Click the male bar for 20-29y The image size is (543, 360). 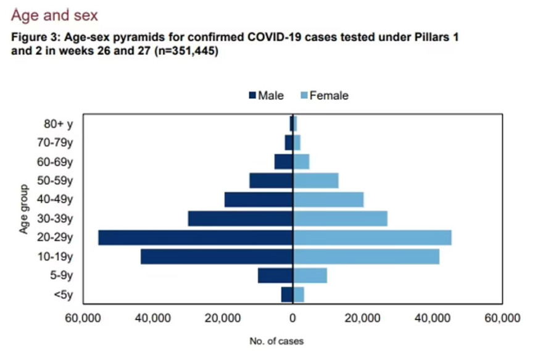point(195,238)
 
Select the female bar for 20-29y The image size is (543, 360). point(372,238)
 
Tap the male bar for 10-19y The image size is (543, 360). point(216,257)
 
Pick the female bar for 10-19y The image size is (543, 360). point(366,257)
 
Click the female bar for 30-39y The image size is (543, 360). point(340,219)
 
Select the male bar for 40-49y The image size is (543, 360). point(258,199)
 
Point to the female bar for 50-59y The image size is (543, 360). point(315,180)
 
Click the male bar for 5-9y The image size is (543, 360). point(275,275)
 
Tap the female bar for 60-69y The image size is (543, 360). point(301,162)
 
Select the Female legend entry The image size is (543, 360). point(324,96)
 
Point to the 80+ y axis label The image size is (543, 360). point(59,124)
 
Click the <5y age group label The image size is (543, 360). point(63,295)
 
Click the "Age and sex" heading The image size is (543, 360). point(54,13)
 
